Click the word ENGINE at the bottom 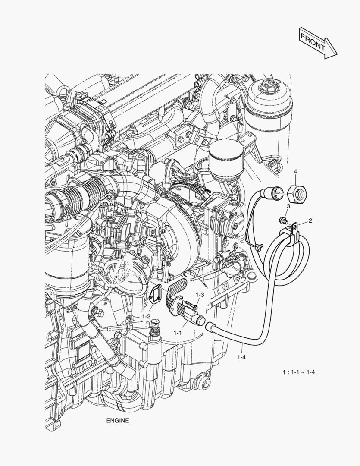point(117,420)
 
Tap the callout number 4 point(295,172)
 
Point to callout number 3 point(288,207)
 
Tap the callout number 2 point(310,220)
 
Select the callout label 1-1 point(177,333)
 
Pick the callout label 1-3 point(200,294)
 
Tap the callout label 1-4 point(242,356)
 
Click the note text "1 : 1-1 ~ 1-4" point(299,372)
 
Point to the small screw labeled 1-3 point(195,307)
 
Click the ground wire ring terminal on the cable point(258,247)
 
